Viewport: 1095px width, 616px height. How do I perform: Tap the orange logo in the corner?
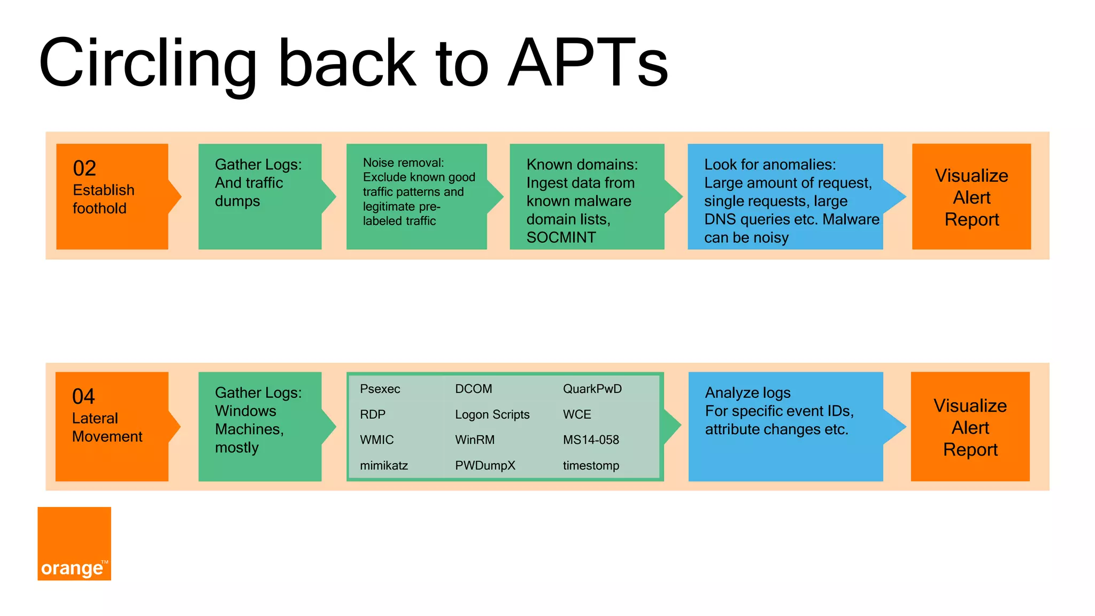[74, 543]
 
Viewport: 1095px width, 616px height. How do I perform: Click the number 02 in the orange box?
[84, 168]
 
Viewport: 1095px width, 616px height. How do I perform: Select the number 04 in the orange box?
[83, 397]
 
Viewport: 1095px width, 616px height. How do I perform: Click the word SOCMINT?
[561, 237]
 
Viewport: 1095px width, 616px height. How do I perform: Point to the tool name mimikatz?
[384, 466]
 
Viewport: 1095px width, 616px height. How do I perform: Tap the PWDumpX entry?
[485, 466]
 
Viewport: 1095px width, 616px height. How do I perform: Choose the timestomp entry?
[591, 466]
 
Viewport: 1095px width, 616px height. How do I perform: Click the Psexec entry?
[380, 389]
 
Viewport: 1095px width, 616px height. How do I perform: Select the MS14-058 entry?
[591, 440]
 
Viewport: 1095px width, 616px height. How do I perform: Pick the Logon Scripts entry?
[492, 414]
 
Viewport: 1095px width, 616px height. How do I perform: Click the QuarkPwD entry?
[592, 389]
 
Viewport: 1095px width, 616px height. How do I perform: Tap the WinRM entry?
[475, 440]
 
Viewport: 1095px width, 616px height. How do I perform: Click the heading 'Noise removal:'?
[403, 163]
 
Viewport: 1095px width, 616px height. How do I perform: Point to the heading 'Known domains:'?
[582, 165]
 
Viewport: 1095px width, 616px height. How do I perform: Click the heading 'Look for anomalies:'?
[769, 165]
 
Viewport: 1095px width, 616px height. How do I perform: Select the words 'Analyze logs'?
[747, 393]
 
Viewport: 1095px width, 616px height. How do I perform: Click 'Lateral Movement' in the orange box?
[107, 427]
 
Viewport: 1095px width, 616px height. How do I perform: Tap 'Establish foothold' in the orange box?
[103, 199]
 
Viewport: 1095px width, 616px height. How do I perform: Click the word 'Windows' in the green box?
[245, 411]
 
